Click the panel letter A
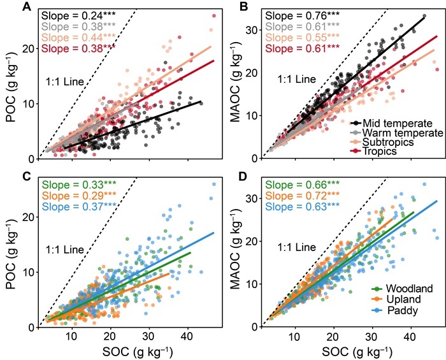(27, 7)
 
